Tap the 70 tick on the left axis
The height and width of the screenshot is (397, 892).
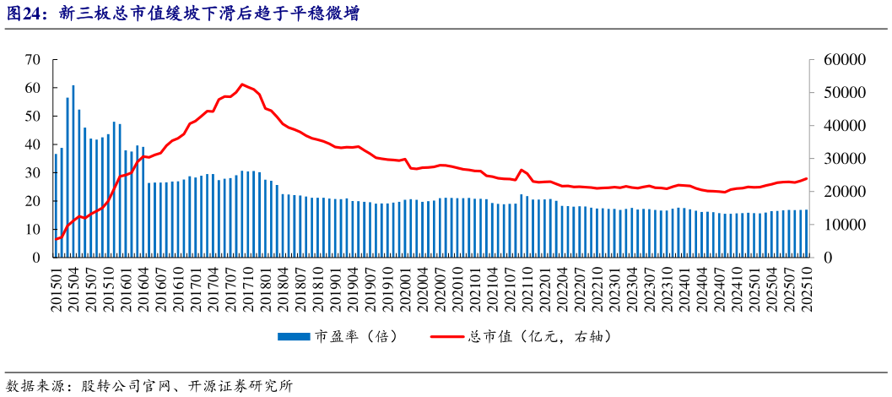[34, 60]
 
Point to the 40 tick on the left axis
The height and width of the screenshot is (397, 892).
[34, 144]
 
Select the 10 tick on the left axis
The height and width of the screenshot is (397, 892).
[34, 230]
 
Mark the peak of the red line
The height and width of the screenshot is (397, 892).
[242, 84]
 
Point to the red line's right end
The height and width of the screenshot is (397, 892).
[807, 178]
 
